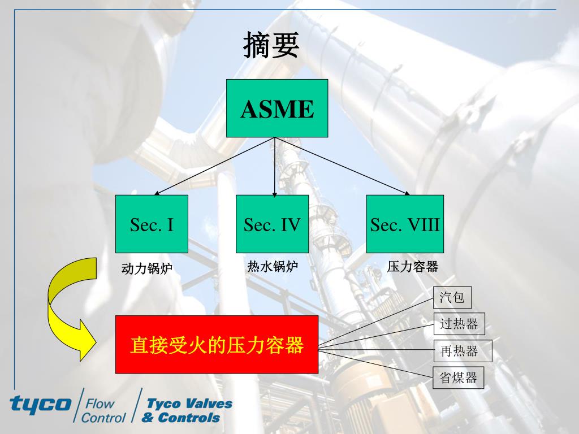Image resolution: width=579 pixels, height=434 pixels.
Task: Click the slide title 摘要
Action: tap(271, 45)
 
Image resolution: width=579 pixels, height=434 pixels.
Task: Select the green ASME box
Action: tap(277, 108)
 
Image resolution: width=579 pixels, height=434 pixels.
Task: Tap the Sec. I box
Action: tap(152, 224)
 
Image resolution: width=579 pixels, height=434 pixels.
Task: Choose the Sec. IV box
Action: tap(272, 224)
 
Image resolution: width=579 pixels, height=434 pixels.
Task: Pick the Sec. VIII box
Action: tap(405, 224)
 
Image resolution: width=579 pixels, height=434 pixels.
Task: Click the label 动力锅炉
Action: tap(147, 268)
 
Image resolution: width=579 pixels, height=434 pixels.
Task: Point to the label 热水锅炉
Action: tap(273, 266)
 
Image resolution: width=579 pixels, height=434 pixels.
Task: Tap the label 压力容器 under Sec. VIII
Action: tap(412, 267)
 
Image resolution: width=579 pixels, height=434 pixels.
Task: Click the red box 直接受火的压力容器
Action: tap(217, 344)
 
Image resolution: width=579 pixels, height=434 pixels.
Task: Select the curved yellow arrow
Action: tap(72, 309)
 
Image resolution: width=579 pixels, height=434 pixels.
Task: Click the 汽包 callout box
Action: tap(452, 297)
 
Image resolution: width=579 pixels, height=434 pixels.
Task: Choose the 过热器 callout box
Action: tap(459, 324)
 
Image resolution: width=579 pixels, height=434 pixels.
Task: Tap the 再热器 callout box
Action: tap(463, 350)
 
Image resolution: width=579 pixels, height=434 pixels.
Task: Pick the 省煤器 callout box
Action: tap(458, 377)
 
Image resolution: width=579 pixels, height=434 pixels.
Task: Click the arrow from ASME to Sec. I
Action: tap(214, 166)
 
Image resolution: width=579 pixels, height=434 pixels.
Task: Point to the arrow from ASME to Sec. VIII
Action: tap(342, 166)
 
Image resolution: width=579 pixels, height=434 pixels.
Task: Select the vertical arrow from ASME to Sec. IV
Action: tap(274, 167)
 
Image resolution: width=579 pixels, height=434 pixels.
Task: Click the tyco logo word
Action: tap(40, 404)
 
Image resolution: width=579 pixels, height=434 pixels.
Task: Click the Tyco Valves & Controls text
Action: tap(187, 410)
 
